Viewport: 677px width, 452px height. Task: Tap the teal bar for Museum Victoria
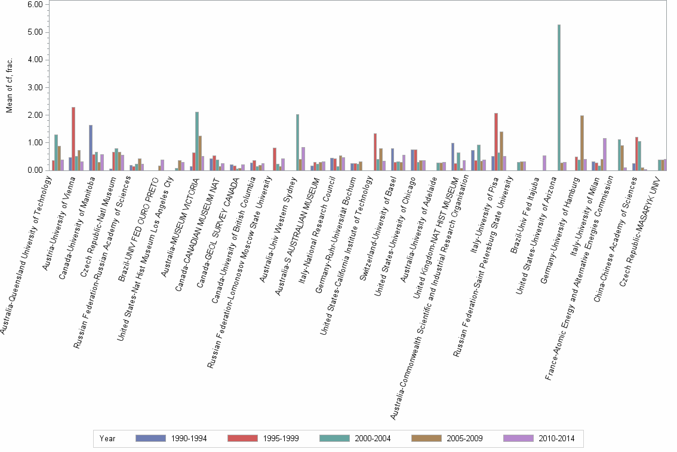197,141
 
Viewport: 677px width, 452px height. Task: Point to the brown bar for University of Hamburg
582,143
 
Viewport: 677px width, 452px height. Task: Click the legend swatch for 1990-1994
150,438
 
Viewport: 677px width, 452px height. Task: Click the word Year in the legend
107,438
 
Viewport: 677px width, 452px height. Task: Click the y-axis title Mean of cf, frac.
9,87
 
